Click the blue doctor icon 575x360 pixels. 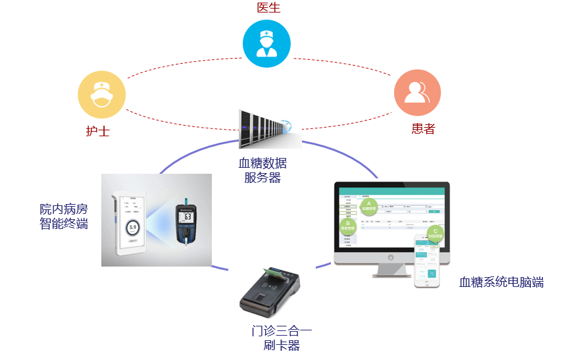(266, 43)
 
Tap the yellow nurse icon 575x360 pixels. (101, 94)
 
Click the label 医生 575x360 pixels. (268, 8)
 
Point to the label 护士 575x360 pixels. (97, 130)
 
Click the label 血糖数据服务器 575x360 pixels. (262, 170)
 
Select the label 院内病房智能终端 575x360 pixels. (64, 217)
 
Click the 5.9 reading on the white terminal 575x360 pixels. (132, 228)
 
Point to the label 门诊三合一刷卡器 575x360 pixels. (281, 338)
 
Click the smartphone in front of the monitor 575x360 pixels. (427, 261)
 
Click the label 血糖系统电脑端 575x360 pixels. (501, 283)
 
